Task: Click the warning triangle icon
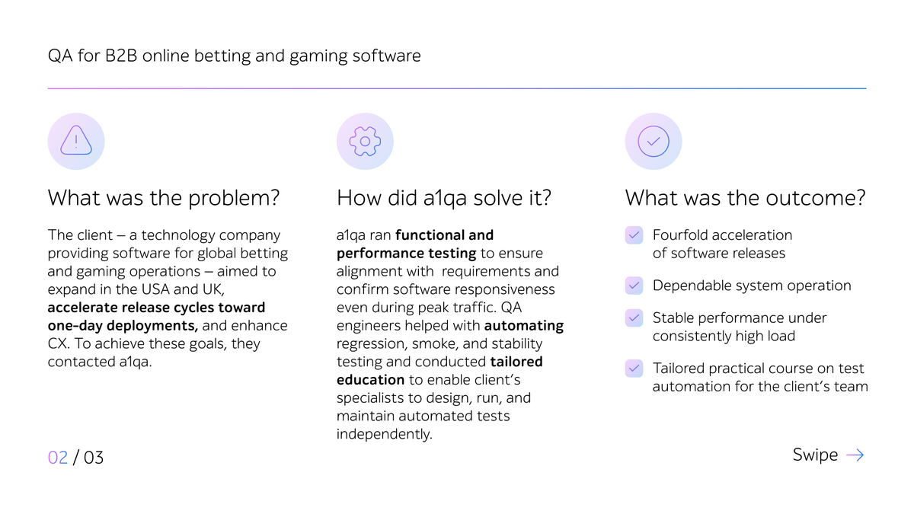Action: tap(76, 141)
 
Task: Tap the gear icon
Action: tap(365, 141)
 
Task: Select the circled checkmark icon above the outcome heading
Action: tap(654, 141)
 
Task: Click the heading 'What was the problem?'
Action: tap(164, 199)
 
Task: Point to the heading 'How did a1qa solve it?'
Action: tap(444, 199)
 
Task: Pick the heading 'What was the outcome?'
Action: tap(745, 199)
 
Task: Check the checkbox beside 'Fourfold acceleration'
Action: tap(634, 235)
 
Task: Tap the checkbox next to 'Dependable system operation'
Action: tap(634, 286)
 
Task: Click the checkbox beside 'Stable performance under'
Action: tap(634, 318)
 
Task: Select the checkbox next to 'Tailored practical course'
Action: tap(634, 369)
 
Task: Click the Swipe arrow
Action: tap(855, 455)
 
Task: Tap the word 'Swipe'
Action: tap(815, 455)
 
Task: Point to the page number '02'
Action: tap(58, 458)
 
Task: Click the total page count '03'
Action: tap(94, 458)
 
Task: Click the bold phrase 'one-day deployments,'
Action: tap(123, 326)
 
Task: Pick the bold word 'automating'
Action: tap(524, 326)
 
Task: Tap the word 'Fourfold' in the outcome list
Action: tap(681, 235)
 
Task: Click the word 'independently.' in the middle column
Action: tap(384, 434)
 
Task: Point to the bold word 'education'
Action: tap(371, 380)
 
